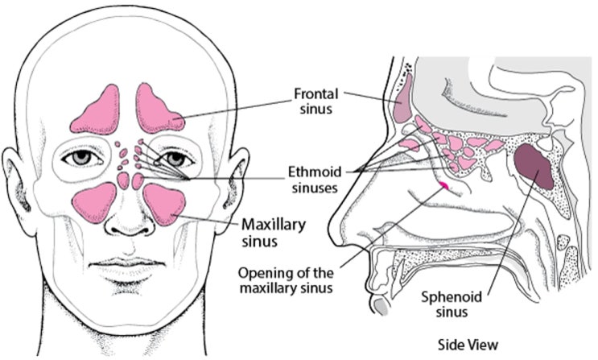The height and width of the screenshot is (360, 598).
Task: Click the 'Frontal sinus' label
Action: (x=315, y=101)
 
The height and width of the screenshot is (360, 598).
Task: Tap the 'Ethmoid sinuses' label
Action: (x=315, y=180)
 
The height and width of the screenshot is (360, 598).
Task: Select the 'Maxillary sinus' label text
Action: (x=274, y=232)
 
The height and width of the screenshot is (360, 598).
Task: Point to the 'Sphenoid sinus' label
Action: (x=452, y=304)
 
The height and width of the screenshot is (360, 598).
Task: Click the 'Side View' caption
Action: (x=468, y=345)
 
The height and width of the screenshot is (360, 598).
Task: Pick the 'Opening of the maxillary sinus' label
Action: (x=286, y=280)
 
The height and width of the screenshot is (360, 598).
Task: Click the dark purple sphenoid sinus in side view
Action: (x=534, y=167)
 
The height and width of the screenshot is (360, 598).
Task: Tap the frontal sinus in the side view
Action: (x=402, y=98)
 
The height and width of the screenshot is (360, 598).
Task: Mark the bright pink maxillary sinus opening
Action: (x=443, y=185)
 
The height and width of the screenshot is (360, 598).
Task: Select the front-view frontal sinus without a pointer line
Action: (x=97, y=111)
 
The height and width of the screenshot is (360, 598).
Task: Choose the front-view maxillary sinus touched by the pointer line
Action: (x=165, y=204)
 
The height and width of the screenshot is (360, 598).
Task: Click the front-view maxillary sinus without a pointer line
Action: (x=94, y=202)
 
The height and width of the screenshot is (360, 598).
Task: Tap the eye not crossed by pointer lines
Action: (x=82, y=158)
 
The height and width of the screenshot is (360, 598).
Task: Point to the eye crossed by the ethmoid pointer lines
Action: (x=175, y=158)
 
